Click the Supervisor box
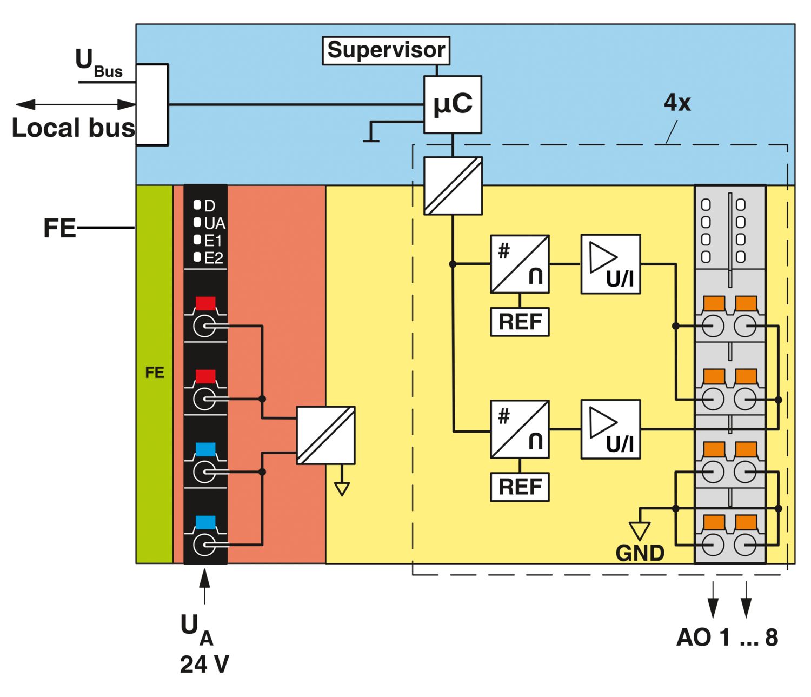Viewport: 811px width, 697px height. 385,51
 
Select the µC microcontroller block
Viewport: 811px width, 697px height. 453,105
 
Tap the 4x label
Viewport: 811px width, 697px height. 677,103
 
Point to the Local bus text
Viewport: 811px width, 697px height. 74,128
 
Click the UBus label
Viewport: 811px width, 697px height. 98,62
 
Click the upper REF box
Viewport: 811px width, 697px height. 520,322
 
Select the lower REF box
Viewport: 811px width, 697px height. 520,487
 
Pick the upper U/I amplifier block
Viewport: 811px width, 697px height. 610,264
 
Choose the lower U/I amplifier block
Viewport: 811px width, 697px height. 610,429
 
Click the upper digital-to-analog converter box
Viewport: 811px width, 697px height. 520,264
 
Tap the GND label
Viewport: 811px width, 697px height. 640,553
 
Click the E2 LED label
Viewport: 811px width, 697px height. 214,258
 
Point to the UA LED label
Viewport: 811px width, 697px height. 215,224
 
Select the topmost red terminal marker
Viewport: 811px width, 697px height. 205,303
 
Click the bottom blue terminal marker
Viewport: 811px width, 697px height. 205,522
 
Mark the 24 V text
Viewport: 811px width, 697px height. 204,665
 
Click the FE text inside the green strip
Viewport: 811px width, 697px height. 155,373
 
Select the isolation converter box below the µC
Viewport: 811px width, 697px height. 453,185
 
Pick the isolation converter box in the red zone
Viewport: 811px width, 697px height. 325,435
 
